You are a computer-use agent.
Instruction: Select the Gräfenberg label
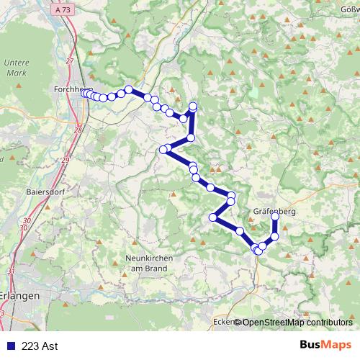(x=274, y=212)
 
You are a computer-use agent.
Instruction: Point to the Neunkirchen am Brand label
(x=147, y=263)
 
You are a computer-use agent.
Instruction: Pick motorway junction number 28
(x=78, y=130)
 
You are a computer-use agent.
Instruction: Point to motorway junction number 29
(x=65, y=160)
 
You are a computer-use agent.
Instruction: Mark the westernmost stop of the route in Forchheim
(x=84, y=93)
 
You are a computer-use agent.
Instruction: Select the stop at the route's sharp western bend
(x=163, y=150)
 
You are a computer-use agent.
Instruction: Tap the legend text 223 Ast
(x=40, y=346)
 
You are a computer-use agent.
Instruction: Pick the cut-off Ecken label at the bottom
(x=224, y=322)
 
